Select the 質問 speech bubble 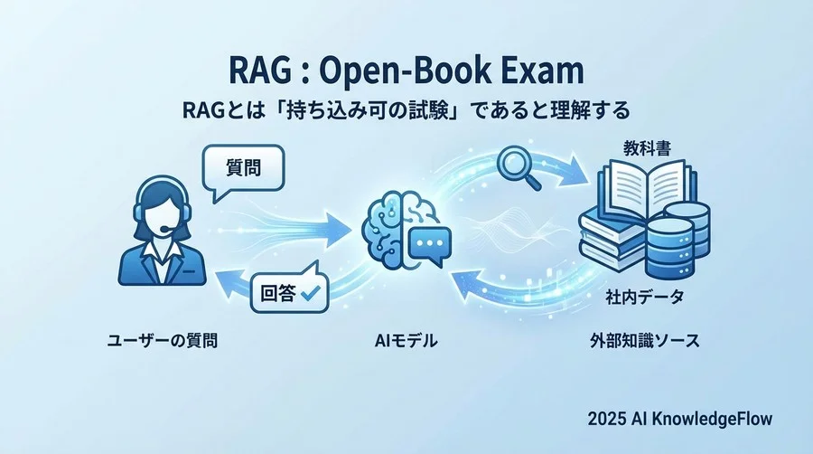(x=242, y=168)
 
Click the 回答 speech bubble (x=287, y=292)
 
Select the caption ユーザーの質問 (x=162, y=342)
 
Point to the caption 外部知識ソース (x=642, y=342)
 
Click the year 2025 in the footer (x=608, y=419)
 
